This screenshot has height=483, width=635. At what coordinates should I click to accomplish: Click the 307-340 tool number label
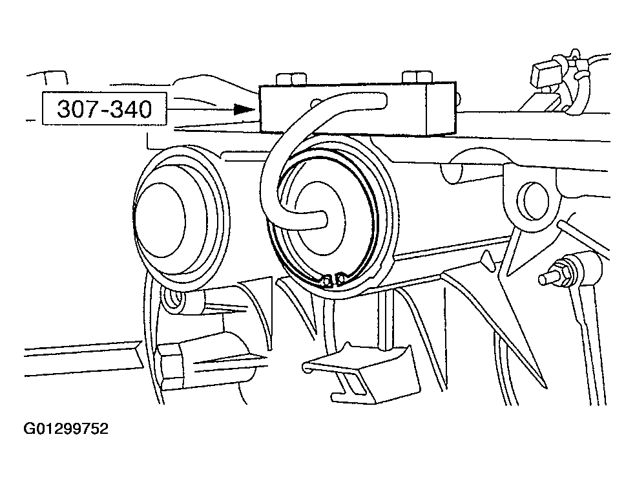pyautogui.click(x=104, y=109)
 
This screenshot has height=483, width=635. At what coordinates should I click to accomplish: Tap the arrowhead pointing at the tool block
pyautogui.click(x=245, y=109)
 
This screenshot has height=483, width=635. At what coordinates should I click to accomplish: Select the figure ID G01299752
pyautogui.click(x=66, y=429)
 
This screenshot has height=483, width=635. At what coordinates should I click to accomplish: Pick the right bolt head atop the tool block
pyautogui.click(x=417, y=76)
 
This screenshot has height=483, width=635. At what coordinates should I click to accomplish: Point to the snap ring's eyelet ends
pyautogui.click(x=333, y=280)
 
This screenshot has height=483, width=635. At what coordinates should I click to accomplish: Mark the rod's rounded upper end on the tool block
pyautogui.click(x=380, y=101)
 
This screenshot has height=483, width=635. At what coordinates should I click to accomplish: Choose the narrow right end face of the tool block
pyautogui.click(x=440, y=109)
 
